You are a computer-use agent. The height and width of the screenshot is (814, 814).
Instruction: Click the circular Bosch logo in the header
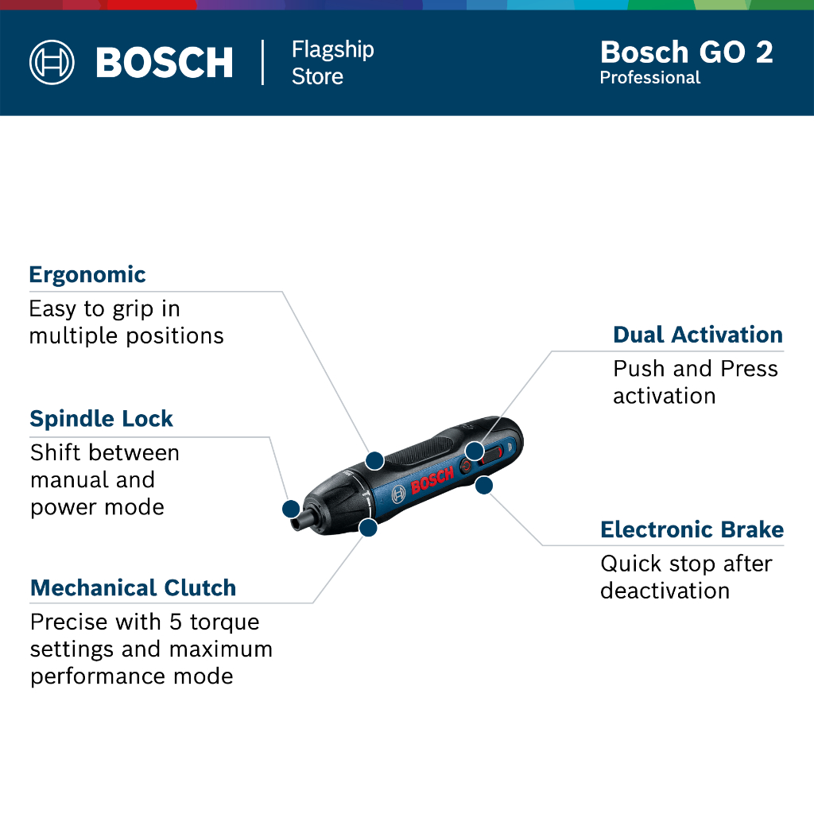pyautogui.click(x=52, y=62)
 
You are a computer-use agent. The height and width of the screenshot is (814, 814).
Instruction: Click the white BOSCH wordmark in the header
pyautogui.click(x=165, y=63)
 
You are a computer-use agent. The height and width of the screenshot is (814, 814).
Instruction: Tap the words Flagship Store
pyautogui.click(x=333, y=63)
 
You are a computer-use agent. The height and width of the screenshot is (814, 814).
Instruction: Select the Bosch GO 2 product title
pyautogui.click(x=686, y=52)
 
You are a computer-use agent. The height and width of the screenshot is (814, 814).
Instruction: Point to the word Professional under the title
pyautogui.click(x=650, y=78)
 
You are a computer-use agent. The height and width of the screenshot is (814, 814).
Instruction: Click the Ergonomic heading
pyautogui.click(x=87, y=275)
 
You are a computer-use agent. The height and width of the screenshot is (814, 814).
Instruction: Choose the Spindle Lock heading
pyautogui.click(x=101, y=418)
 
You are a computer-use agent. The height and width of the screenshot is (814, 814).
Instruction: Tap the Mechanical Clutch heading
pyautogui.click(x=134, y=587)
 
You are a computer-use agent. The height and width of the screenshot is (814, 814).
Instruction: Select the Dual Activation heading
pyautogui.click(x=698, y=335)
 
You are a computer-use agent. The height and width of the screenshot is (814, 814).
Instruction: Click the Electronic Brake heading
pyautogui.click(x=692, y=529)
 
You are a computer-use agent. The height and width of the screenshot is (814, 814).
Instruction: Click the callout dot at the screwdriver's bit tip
pyautogui.click(x=291, y=509)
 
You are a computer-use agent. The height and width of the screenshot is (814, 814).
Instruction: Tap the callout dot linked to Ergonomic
pyautogui.click(x=375, y=460)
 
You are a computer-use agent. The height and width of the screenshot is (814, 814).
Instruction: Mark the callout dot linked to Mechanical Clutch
pyautogui.click(x=368, y=528)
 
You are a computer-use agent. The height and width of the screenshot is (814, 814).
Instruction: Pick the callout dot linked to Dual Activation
pyautogui.click(x=475, y=452)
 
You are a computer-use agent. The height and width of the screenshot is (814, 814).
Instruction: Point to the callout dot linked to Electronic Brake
pyautogui.click(x=484, y=486)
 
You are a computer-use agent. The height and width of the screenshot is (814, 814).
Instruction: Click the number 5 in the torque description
pyautogui.click(x=176, y=622)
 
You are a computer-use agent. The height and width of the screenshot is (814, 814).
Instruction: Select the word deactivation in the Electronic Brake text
pyautogui.click(x=665, y=591)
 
